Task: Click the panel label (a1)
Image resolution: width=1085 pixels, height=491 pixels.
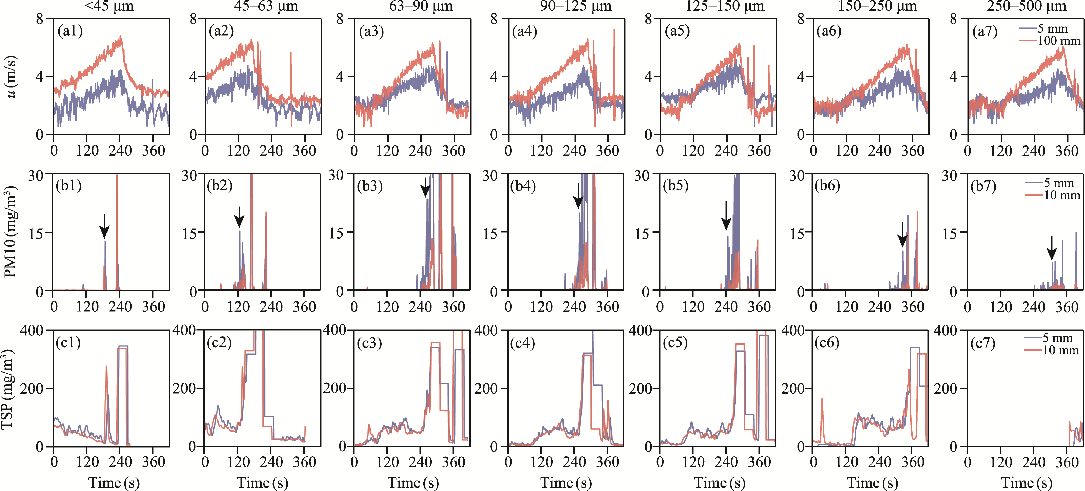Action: [x=70, y=31]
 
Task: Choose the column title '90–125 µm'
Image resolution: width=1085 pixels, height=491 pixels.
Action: [x=575, y=6]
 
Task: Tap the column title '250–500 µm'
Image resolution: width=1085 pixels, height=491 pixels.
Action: [x=1027, y=6]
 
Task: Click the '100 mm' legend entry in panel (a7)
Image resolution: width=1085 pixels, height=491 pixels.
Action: [x=1059, y=41]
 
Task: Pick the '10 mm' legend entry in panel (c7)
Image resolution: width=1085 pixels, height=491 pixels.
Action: [x=1060, y=350]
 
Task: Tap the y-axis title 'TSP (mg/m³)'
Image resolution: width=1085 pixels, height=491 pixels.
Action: [x=8, y=388]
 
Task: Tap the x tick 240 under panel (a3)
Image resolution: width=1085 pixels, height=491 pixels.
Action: [x=420, y=151]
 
